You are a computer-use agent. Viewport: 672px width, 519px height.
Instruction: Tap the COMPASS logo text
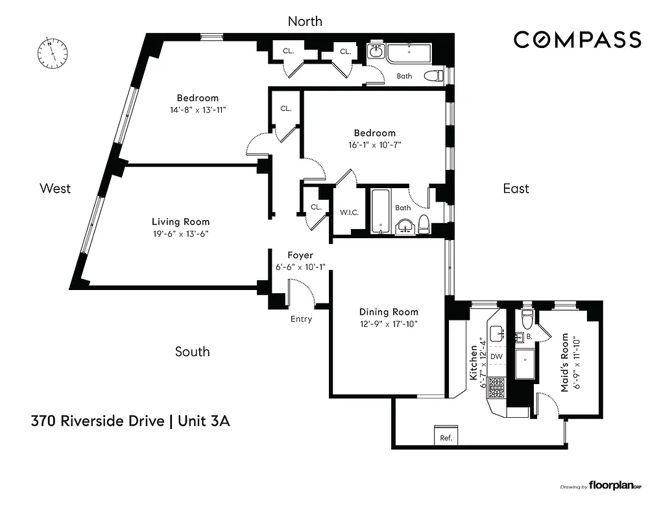coord(577,40)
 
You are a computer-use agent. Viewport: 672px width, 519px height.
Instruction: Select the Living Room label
coord(180,222)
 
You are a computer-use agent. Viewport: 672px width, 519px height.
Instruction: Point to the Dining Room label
coord(389,311)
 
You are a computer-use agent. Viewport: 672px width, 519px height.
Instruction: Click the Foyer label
coord(300,256)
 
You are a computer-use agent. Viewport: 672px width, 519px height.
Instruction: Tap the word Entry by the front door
coord(301,319)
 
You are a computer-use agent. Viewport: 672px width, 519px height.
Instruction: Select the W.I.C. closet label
coord(350,212)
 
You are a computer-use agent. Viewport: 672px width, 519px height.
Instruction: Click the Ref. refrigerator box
coord(446,437)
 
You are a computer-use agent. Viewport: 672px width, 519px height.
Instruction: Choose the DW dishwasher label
coord(496,356)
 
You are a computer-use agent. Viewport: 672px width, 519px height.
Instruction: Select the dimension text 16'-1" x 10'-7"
coord(376,145)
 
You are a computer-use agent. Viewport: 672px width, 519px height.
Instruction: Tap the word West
coord(55,188)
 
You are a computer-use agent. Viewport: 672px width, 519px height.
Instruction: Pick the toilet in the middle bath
coord(424,224)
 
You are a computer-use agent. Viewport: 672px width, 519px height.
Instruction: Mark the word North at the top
coord(305,21)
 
